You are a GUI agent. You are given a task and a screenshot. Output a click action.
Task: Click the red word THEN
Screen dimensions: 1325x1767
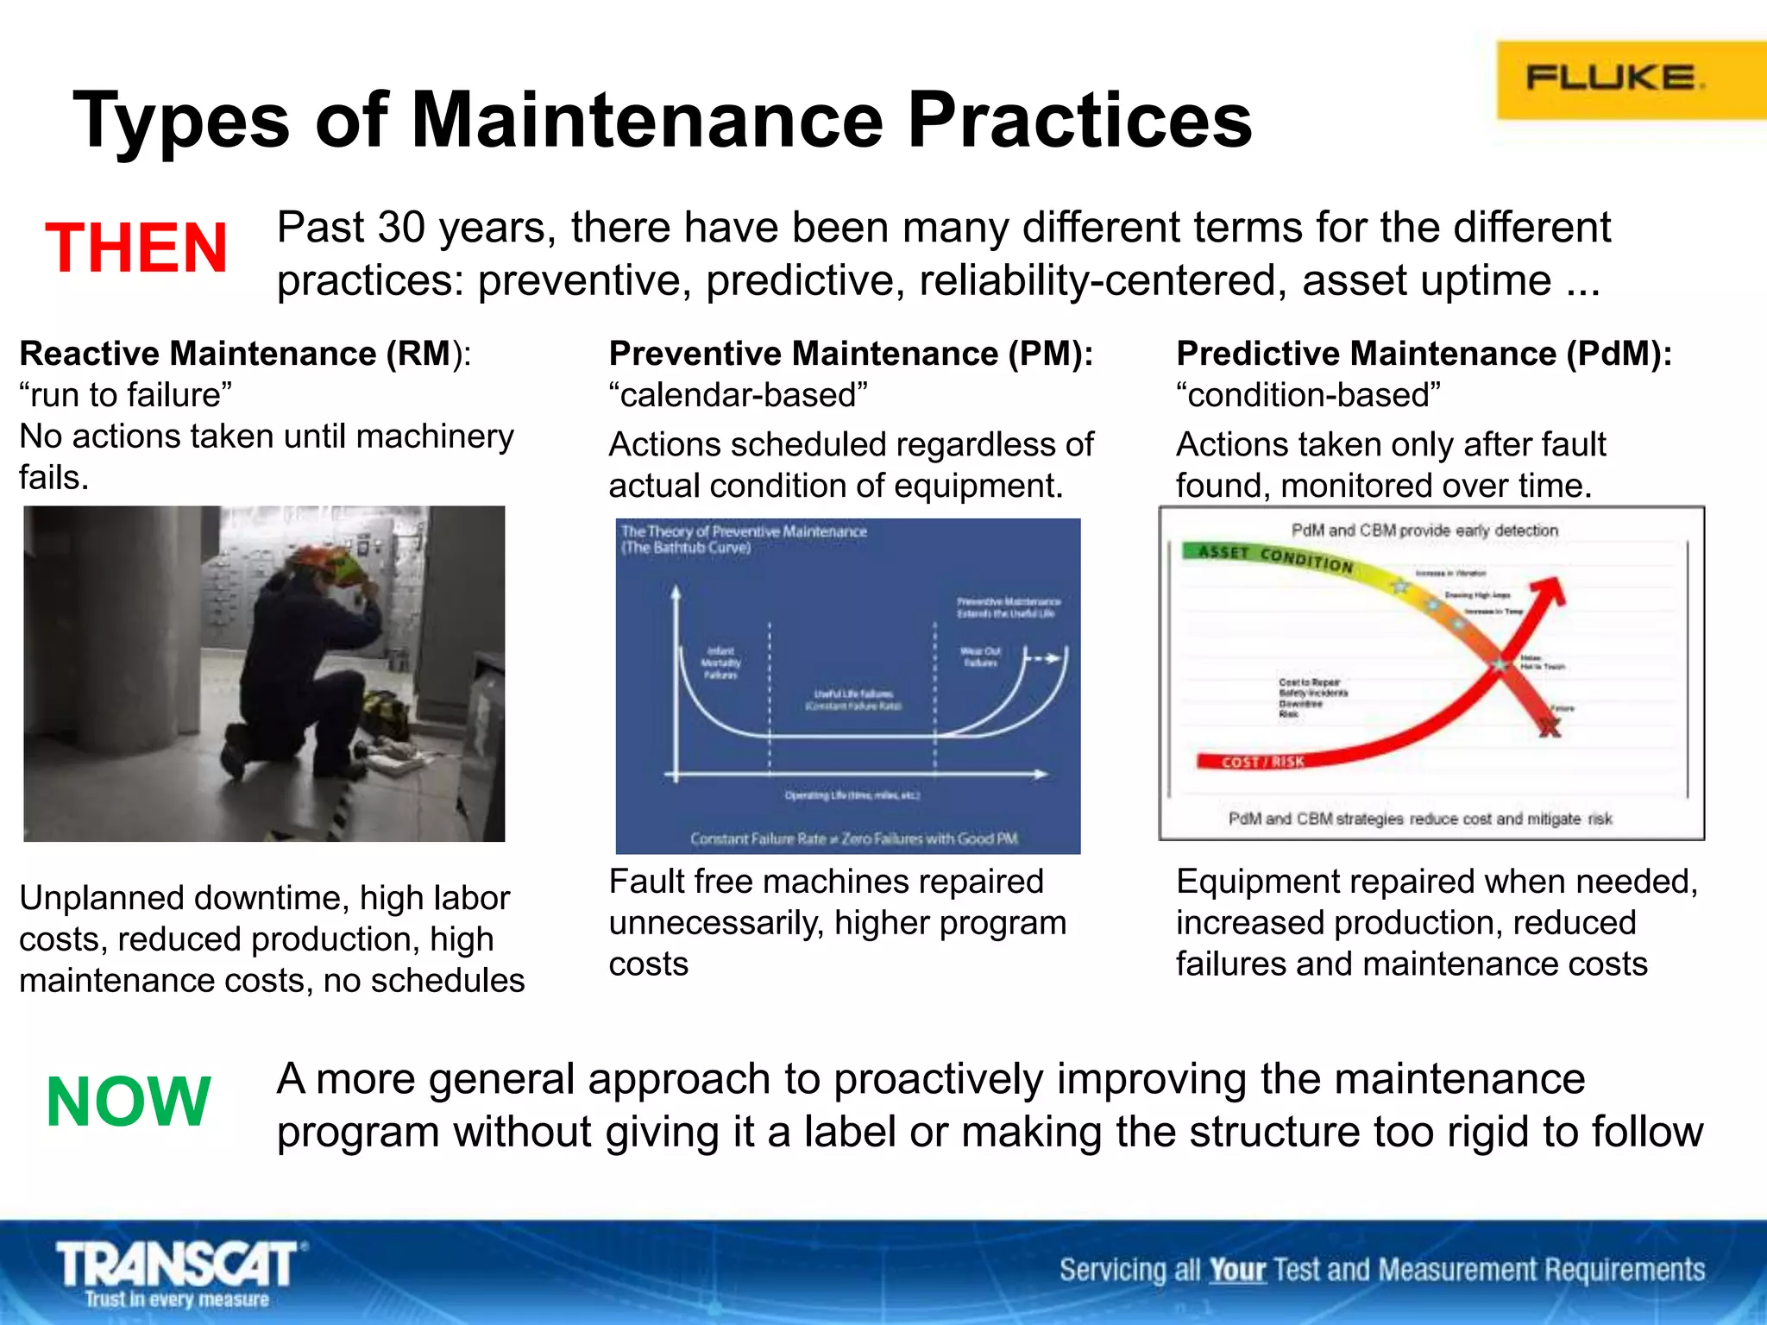[x=136, y=248]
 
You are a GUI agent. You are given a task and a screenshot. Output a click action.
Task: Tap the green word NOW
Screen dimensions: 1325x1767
[x=129, y=1102]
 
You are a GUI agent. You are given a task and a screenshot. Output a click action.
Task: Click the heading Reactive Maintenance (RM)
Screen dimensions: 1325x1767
[x=245, y=354]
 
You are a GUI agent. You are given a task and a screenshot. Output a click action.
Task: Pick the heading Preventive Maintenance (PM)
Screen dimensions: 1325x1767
[x=851, y=354]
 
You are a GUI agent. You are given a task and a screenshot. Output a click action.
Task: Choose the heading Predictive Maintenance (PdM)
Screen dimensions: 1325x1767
[x=1424, y=354]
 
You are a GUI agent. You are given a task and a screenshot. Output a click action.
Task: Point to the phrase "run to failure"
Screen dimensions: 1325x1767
[x=126, y=395]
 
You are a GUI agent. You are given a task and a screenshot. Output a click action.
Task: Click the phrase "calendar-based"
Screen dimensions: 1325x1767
[x=739, y=395]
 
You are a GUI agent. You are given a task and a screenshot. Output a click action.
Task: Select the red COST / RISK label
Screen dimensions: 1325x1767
[x=1262, y=762]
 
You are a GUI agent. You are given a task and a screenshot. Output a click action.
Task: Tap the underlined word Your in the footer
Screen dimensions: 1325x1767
[x=1236, y=1270]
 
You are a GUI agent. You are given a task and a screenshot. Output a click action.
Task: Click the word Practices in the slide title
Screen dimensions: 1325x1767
[x=1078, y=121]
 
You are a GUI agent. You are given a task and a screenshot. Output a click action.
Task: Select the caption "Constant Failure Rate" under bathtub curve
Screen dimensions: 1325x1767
[x=853, y=838]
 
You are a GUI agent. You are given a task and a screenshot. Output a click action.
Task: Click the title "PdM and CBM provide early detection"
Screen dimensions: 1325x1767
[x=1424, y=530]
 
